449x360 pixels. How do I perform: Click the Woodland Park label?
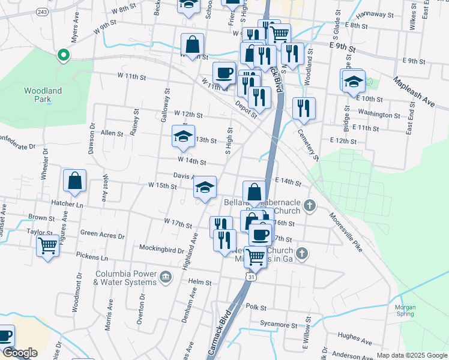coord(43,95)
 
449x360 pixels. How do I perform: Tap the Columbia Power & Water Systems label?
coord(125,278)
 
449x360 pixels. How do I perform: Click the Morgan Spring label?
coord(405,311)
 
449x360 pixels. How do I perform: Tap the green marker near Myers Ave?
coord(62,56)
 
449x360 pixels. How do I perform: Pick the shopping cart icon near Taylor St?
coord(47,245)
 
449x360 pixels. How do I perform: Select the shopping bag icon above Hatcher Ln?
coord(74,181)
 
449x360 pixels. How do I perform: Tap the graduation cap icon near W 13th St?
coord(183,136)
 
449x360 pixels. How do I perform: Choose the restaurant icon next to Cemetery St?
coord(304,109)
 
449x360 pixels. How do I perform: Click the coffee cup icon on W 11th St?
coord(224,73)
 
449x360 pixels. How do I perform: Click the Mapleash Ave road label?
coord(414,90)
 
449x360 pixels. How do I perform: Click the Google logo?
coord(20,353)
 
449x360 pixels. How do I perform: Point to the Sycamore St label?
coord(281,324)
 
